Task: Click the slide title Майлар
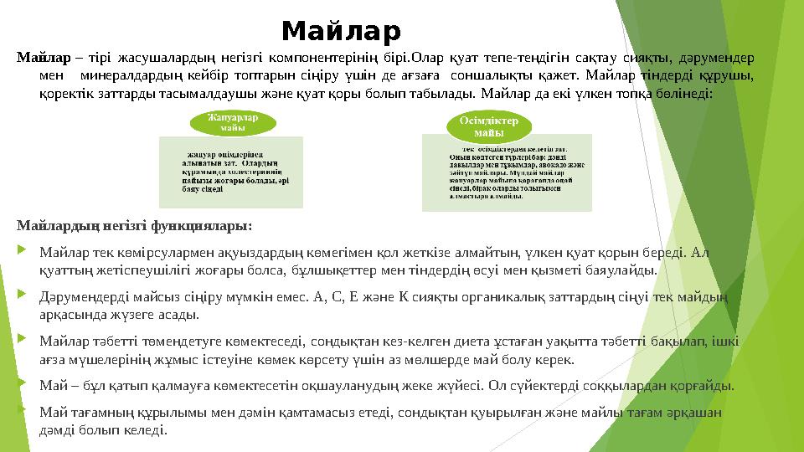click(341, 32)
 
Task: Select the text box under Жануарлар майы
click(231, 172)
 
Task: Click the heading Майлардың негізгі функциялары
click(134, 226)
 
